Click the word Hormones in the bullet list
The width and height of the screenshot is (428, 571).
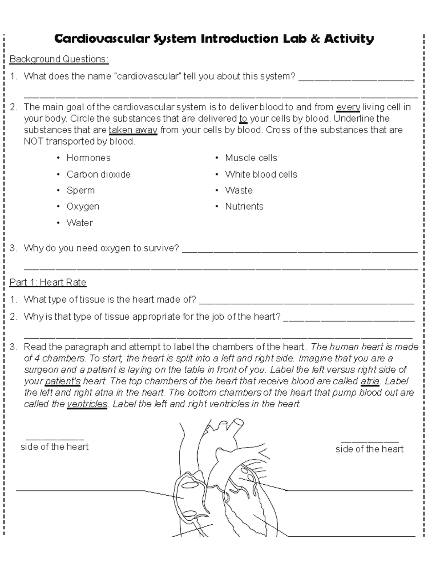(88, 158)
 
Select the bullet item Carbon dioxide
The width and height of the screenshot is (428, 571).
(98, 175)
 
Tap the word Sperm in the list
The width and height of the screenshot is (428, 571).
(81, 191)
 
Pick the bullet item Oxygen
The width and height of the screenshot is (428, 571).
(83, 207)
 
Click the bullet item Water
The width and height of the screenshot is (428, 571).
(80, 223)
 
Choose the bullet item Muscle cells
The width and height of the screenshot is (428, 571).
(251, 158)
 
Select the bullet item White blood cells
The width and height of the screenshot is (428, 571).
(261, 175)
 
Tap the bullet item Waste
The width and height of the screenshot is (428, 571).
(239, 191)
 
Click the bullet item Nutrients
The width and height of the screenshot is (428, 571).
(244, 207)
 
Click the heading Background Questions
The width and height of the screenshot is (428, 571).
(59, 59)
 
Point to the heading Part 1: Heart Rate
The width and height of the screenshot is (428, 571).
(48, 283)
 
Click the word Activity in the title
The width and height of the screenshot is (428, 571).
(348, 39)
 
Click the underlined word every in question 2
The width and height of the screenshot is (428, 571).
(348, 107)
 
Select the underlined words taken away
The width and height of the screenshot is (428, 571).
(133, 130)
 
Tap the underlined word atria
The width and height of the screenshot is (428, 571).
(370, 381)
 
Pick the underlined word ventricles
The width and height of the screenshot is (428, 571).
(87, 404)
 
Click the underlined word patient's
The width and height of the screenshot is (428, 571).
(63, 381)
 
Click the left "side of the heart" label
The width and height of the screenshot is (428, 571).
(55, 447)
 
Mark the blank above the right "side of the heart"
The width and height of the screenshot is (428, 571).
(370, 442)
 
